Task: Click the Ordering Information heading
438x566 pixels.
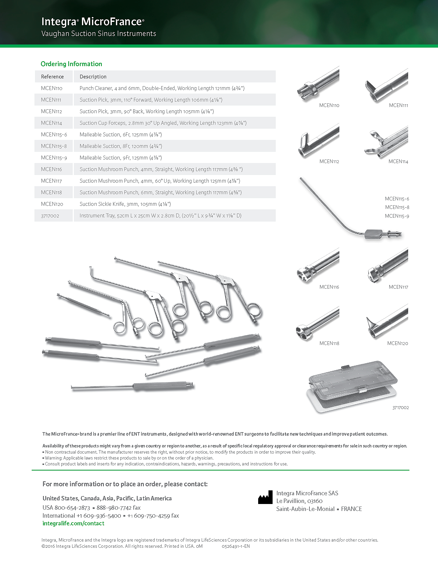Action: pos(71,64)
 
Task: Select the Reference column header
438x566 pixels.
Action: pos(52,77)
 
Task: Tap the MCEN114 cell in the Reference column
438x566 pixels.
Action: pos(51,123)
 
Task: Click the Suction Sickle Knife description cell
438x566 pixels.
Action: pos(125,204)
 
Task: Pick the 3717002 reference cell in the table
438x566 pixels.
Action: pos(50,216)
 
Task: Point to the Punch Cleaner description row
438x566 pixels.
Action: pos(162,88)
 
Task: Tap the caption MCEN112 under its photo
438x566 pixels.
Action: pos(329,162)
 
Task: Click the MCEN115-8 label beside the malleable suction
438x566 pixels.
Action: pos(397,207)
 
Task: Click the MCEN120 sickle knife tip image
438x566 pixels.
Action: pos(387,321)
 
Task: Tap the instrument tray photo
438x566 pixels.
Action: pos(352,386)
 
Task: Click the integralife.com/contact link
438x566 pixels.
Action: pos(73,523)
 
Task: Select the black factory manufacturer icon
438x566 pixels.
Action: pos(265,497)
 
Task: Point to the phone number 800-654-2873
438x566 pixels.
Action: pos(72,508)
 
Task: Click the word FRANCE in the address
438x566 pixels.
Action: pos(351,509)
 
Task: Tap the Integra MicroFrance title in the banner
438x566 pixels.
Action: pos(93,22)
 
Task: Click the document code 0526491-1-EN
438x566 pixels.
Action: pos(235,546)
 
